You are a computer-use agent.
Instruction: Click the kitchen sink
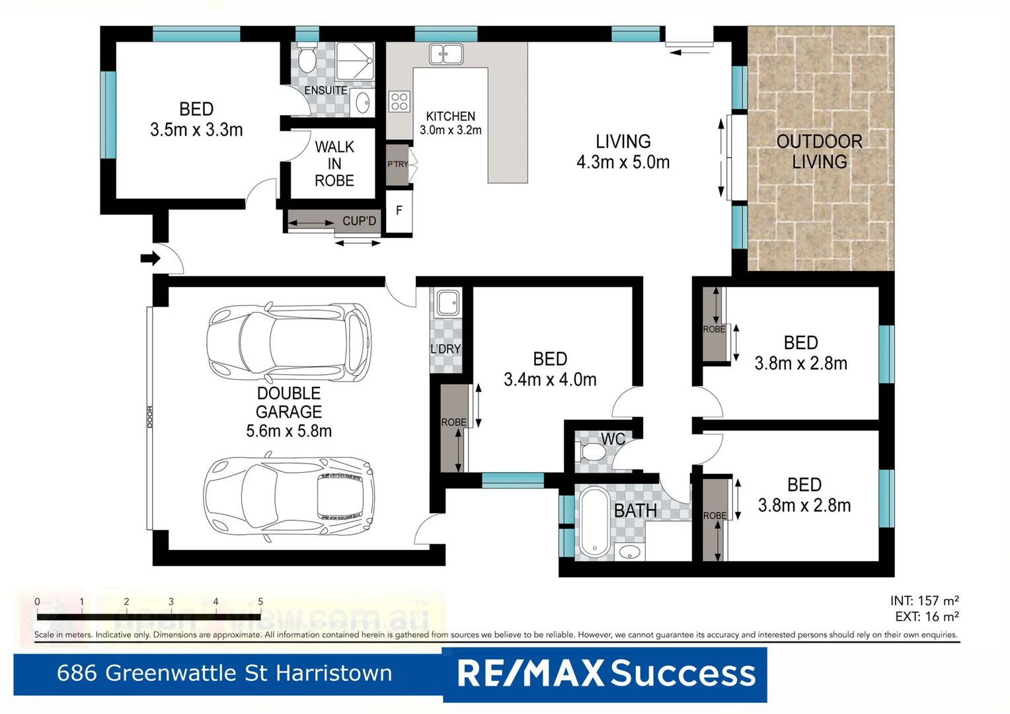point(446,54)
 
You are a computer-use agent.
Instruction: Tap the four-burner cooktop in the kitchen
point(399,101)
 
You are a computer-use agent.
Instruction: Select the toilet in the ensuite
point(307,59)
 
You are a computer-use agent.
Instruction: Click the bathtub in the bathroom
point(594,522)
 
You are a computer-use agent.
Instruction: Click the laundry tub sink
point(448,303)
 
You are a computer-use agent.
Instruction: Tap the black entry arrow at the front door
point(150,258)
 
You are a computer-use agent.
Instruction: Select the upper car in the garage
point(289,342)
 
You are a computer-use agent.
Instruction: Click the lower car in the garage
point(289,496)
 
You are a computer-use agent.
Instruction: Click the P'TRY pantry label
point(397,164)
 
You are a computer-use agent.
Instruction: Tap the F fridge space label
point(399,211)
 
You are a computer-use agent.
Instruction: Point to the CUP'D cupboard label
point(359,221)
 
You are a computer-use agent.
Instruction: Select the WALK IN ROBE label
point(334,164)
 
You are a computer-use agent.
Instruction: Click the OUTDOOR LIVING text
point(820,151)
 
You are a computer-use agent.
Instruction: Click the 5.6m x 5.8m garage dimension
point(289,431)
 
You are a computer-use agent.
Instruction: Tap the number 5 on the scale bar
point(260,602)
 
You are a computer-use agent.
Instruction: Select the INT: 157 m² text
point(924,600)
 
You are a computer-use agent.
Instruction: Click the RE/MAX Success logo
point(605,674)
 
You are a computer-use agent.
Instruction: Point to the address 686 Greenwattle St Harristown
point(225,673)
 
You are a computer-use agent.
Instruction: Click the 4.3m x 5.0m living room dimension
point(623,162)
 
